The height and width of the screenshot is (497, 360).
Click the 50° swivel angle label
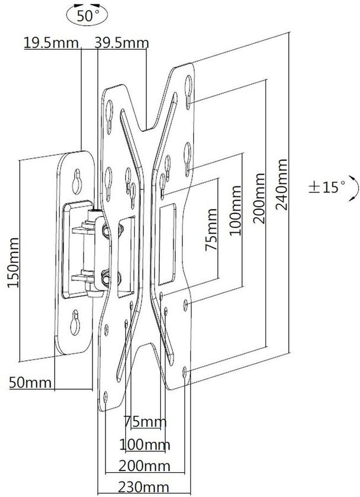pos(87,16)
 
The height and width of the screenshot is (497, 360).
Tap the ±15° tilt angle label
pos(326,187)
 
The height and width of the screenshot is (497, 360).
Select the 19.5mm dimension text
pos(51,43)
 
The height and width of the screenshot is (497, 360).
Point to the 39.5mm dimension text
pos(121,43)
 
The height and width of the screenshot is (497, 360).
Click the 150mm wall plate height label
pos(14,262)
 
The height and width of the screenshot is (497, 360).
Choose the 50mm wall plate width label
pos(30,383)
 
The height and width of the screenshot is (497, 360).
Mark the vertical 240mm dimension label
pos(282,184)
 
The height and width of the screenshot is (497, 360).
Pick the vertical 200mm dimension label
pos(258,198)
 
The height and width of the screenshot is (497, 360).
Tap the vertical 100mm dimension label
pos(235,211)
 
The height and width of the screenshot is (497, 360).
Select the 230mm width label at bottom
pos(144,487)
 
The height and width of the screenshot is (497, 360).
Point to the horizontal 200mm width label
pos(144,466)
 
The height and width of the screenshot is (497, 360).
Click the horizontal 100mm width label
pos(145,445)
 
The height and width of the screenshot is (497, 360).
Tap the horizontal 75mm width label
pos(145,422)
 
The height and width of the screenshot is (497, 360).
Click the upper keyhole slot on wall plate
pos(77,182)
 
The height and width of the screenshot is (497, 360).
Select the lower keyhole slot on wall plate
pos(75,322)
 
